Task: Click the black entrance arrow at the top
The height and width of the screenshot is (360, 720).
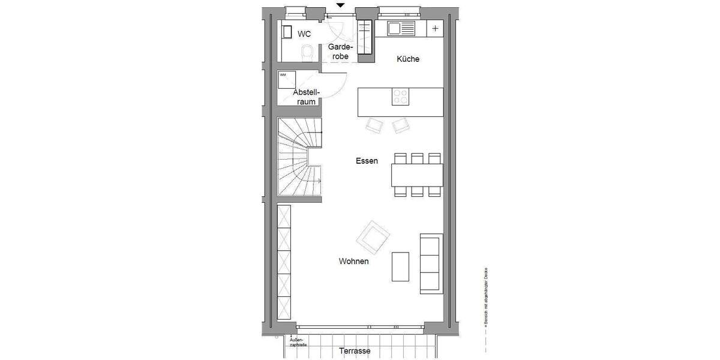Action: [x=341, y=5]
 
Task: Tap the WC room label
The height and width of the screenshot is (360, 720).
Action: [x=305, y=34]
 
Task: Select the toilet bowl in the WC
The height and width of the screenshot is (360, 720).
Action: [x=307, y=53]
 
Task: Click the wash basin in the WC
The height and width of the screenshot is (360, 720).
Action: [x=287, y=32]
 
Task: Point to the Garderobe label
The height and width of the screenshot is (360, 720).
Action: [x=339, y=51]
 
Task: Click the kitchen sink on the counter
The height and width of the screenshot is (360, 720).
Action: [x=401, y=28]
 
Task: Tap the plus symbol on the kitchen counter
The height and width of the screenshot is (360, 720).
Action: [x=435, y=28]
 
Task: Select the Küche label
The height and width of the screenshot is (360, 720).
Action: [x=408, y=59]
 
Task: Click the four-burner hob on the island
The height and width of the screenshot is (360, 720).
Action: [x=400, y=97]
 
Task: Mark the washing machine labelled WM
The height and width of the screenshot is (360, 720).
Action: [x=287, y=80]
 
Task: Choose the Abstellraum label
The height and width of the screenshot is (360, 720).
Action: [x=306, y=97]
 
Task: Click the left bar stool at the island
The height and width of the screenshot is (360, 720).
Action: [x=375, y=125]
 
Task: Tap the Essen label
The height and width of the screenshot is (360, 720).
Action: [x=367, y=161]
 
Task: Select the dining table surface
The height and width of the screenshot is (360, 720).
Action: [x=417, y=175]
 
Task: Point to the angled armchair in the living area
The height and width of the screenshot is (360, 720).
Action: [x=372, y=236]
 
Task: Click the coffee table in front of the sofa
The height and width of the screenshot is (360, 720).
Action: [x=400, y=266]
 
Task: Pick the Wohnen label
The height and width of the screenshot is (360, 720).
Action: [x=353, y=262]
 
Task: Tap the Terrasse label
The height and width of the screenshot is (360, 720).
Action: [x=355, y=351]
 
